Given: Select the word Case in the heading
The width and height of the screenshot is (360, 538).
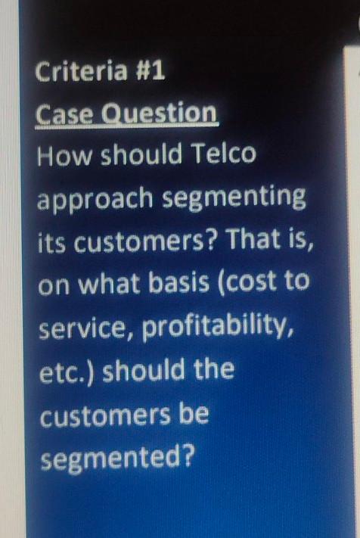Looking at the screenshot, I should tap(63, 115).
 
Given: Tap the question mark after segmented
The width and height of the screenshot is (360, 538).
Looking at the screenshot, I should tap(186, 457).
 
